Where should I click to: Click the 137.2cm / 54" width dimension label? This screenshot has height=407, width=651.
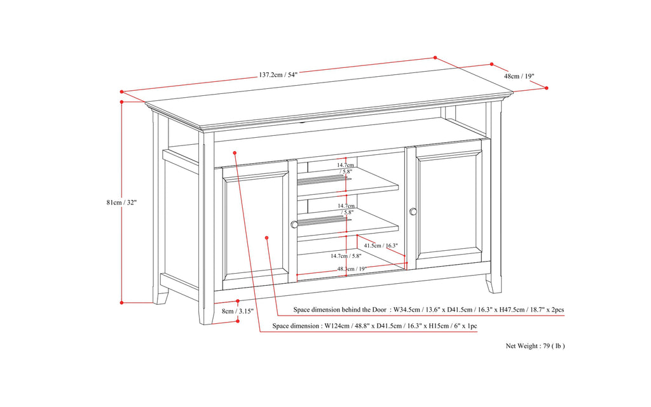(x=278, y=74)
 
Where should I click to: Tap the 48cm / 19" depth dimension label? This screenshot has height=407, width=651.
(x=519, y=76)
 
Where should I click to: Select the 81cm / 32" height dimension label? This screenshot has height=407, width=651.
(x=121, y=203)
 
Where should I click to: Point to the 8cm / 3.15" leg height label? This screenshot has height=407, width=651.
(x=238, y=311)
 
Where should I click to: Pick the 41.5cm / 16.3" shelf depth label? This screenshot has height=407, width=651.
(x=381, y=245)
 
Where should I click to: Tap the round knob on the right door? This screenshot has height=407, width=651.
(x=413, y=211)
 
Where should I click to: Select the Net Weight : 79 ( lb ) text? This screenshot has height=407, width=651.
(x=535, y=346)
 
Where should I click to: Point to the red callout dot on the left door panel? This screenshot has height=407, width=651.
(x=266, y=237)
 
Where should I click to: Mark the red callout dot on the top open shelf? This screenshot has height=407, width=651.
(x=235, y=152)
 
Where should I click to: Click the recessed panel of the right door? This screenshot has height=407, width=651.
(x=449, y=204)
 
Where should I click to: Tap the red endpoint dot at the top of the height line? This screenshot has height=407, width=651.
(x=121, y=101)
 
